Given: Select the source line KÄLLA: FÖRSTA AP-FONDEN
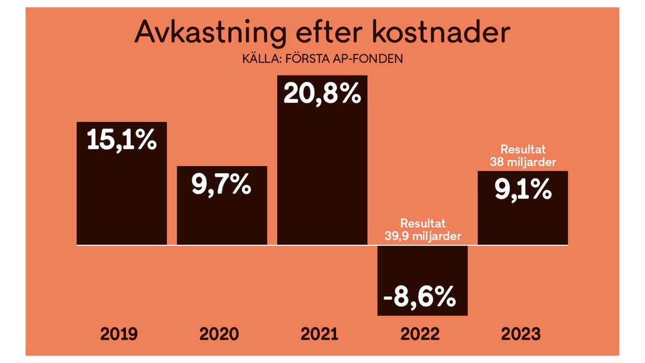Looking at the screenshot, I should click(x=322, y=60).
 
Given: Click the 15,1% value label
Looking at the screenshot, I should click(x=122, y=141).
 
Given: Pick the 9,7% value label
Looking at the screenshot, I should click(x=222, y=186).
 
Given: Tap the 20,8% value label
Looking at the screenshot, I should click(x=322, y=94).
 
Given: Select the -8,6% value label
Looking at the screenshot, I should click(x=422, y=296).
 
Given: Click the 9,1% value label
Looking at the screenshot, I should click(x=523, y=190).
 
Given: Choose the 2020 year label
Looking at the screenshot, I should click(x=222, y=334).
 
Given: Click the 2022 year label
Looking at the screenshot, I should click(x=422, y=334).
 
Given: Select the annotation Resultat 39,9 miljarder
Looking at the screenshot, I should click(x=422, y=230).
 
